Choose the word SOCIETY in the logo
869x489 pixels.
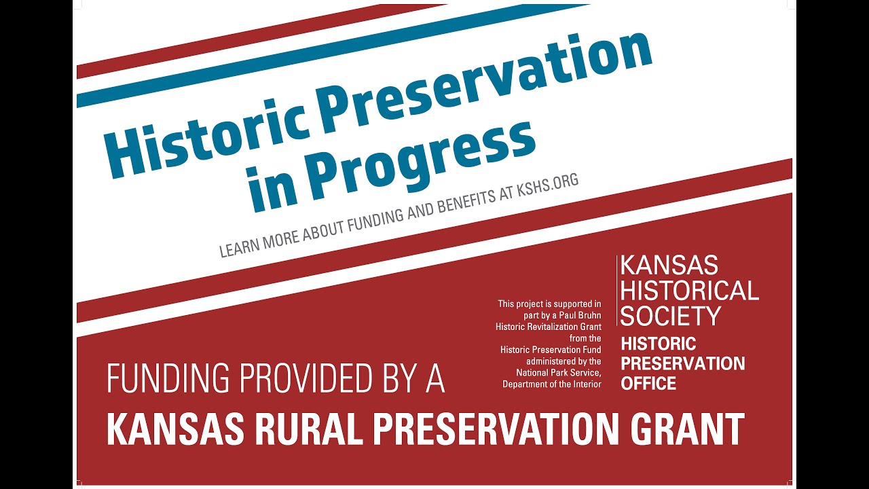tap(670, 316)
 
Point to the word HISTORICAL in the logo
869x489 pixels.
tap(689, 291)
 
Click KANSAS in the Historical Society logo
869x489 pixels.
tap(669, 266)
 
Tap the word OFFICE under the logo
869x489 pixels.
tap(648, 384)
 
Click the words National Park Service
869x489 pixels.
tap(558, 373)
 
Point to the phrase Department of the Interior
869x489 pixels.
tap(551, 384)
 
